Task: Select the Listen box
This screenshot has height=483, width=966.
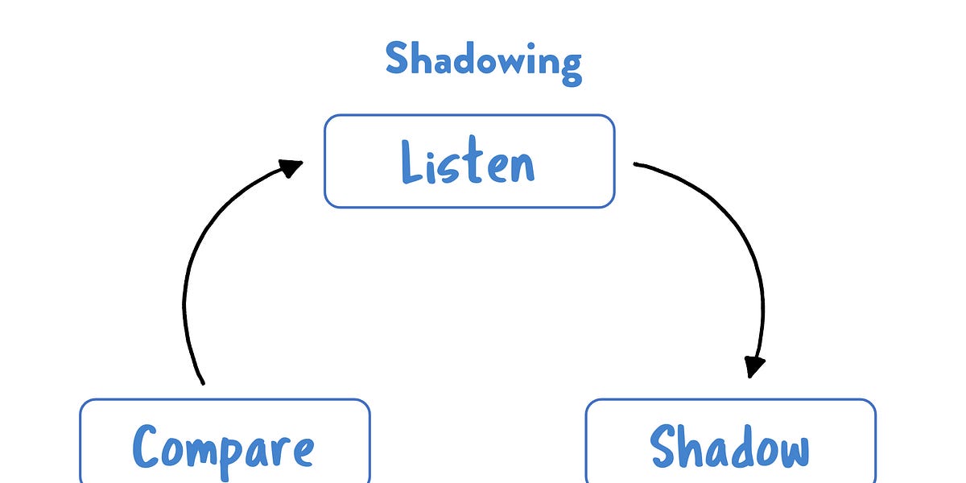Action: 469,161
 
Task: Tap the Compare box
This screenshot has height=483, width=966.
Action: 224,443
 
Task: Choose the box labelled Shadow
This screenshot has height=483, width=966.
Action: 729,443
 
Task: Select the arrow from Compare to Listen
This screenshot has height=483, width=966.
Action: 189,274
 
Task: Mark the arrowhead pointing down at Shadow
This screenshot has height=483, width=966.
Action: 753,366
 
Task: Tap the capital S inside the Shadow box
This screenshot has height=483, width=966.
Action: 665,445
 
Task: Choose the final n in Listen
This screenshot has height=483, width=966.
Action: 522,167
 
